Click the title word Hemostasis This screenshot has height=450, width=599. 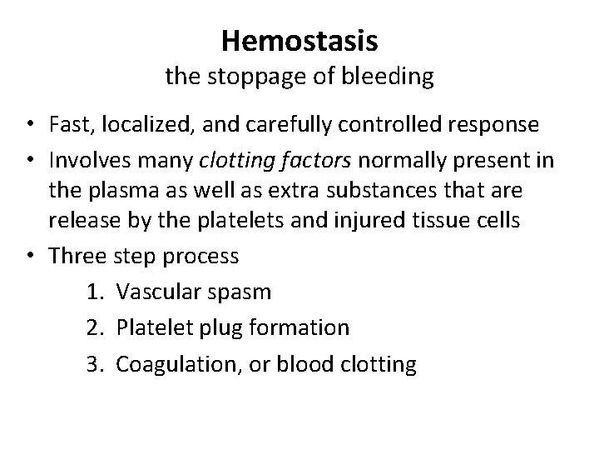(x=299, y=39)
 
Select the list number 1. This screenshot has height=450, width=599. (x=92, y=292)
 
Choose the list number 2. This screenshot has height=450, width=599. (x=92, y=328)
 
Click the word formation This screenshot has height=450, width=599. (x=304, y=328)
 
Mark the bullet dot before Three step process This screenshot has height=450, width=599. (x=31, y=256)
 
